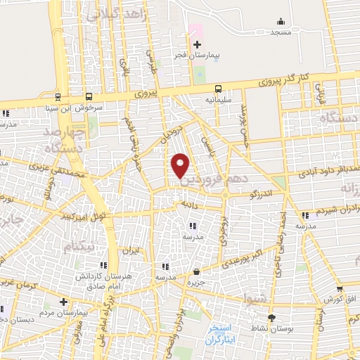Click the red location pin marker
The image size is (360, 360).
tap(181, 165)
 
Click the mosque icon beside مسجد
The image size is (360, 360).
tap(281, 22)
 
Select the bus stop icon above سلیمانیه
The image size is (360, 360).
tap(218, 89)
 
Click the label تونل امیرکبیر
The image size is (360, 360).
tap(82, 213)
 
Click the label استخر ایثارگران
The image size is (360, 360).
tap(224, 334)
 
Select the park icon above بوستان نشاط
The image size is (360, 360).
tap(271, 317)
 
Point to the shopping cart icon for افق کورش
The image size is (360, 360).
tap(339, 288)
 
